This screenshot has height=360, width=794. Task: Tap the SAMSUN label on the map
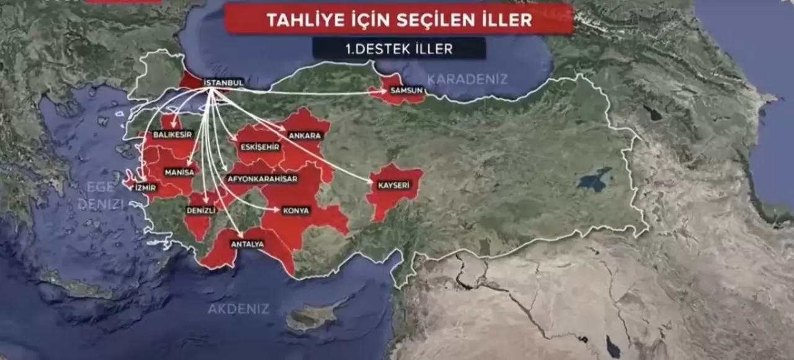click(406, 91)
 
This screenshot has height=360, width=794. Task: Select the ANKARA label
click(304, 135)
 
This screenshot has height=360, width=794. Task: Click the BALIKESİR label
click(172, 134)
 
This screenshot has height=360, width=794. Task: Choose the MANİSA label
click(179, 172)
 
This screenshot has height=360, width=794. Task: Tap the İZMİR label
click(145, 186)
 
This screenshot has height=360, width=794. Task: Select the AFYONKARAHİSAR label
click(262, 179)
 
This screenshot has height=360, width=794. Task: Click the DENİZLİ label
click(201, 210)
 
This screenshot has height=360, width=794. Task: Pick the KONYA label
click(296, 210)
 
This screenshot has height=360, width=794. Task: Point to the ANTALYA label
click(247, 244)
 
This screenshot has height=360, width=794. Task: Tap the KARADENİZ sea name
click(467, 79)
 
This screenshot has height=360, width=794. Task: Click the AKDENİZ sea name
click(238, 308)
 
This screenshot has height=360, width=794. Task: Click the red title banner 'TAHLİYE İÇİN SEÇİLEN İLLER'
click(399, 19)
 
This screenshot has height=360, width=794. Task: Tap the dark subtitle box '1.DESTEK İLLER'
click(399, 48)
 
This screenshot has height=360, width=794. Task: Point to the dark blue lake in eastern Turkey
click(594, 181)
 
